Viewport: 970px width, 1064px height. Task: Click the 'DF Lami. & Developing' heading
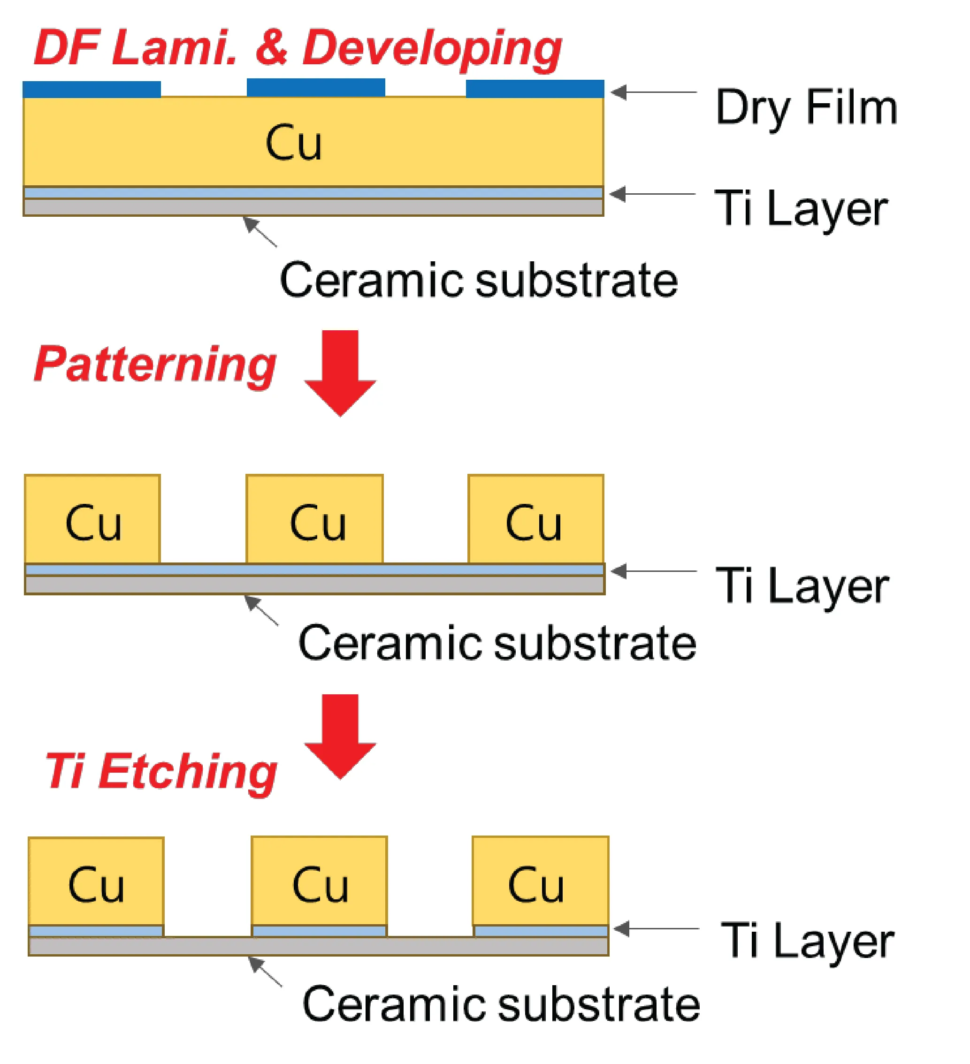[297, 49]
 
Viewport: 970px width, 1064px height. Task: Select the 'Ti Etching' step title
[161, 772]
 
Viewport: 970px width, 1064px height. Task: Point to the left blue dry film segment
[92, 89]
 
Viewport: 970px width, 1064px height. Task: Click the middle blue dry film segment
[316, 88]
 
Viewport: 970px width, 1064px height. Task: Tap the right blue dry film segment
[535, 89]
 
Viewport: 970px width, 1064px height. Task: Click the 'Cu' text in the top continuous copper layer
[294, 143]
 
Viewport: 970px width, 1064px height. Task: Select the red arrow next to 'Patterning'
[340, 373]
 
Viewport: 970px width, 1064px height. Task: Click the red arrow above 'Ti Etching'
[340, 737]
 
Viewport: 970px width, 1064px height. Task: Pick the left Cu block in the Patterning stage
[92, 519]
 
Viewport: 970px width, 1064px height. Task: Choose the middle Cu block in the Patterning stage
[315, 519]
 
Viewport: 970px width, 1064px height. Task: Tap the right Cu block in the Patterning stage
[536, 519]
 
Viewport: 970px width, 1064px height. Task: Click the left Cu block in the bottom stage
[96, 882]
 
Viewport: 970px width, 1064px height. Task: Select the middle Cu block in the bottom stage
[320, 881]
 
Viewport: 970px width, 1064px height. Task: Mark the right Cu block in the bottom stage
[541, 881]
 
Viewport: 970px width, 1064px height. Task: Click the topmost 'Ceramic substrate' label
[478, 280]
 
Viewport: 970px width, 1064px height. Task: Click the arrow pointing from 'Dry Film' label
[654, 92]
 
